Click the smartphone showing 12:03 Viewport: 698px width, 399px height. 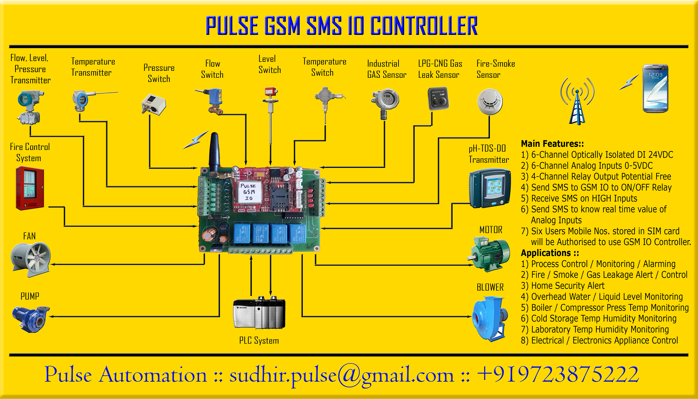[655, 88]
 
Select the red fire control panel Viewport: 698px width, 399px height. [30, 188]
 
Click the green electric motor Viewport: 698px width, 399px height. [491, 253]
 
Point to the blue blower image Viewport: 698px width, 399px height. [490, 318]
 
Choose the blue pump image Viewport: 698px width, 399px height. [31, 319]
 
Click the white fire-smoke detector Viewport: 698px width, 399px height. [490, 102]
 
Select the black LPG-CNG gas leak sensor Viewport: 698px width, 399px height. [438, 98]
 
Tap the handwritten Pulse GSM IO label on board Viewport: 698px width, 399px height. [249, 192]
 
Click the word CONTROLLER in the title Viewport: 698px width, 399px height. [423, 26]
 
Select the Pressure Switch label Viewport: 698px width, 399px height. [159, 73]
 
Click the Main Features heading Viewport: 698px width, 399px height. [552, 144]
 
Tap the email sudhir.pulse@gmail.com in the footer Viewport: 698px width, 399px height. [341, 375]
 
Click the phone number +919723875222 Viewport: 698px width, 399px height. [557, 374]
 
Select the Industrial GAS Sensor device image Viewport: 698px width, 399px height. [385, 102]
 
